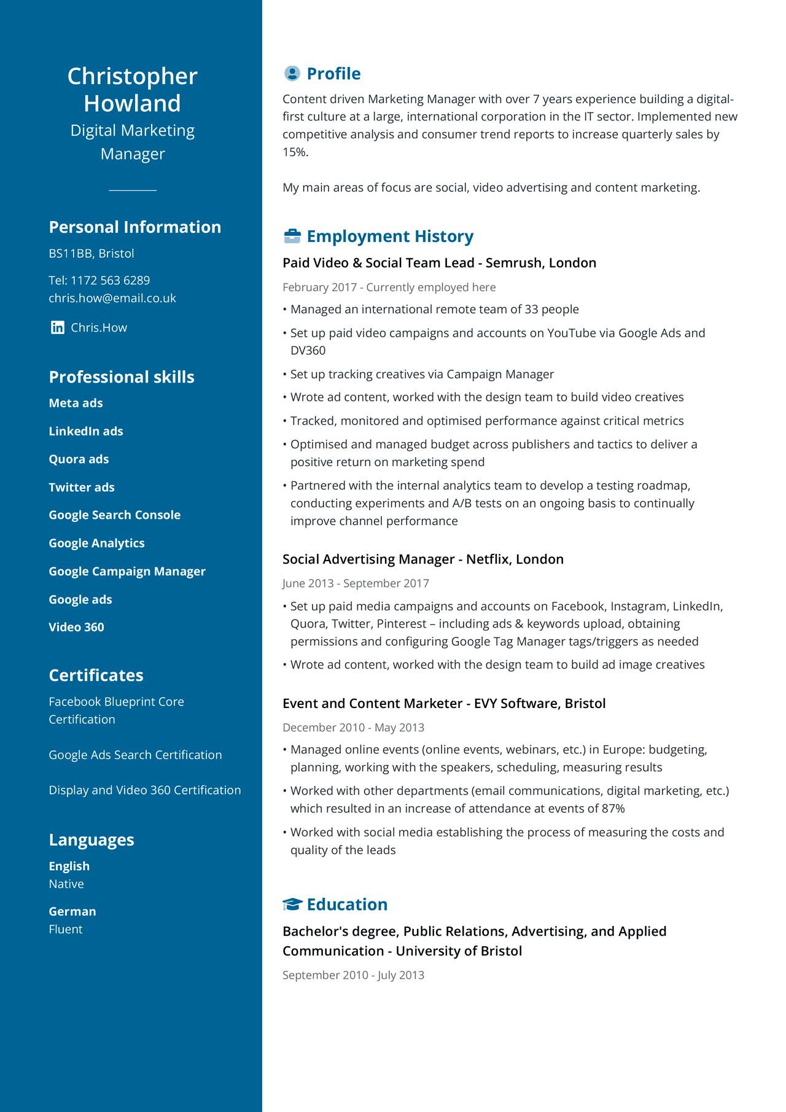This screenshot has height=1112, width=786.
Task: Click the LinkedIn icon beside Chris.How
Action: (57, 327)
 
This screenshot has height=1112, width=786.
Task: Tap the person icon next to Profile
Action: (292, 74)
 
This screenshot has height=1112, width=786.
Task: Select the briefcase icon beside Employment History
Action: (292, 236)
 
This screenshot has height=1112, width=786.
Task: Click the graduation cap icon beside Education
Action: (292, 904)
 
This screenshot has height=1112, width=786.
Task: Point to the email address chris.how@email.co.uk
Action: (112, 298)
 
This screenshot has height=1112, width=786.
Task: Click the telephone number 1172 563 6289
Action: (110, 281)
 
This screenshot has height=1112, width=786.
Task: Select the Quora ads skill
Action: (79, 459)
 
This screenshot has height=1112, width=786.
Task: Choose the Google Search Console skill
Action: (114, 515)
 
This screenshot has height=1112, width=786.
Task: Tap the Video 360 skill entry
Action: (76, 627)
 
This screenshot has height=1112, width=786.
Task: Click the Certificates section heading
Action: (96, 675)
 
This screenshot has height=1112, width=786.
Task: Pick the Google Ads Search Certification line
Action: (135, 755)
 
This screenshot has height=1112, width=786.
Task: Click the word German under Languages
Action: (72, 911)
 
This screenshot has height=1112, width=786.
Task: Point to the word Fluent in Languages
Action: (66, 930)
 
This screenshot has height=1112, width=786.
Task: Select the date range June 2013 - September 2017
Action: (356, 583)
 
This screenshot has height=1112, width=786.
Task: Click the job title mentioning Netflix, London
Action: (422, 559)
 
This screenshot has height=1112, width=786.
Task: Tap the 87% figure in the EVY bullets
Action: (613, 809)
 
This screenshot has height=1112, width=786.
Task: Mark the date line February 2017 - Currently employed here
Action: (389, 287)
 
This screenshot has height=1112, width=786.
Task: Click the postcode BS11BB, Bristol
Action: (91, 254)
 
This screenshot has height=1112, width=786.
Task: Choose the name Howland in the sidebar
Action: (132, 103)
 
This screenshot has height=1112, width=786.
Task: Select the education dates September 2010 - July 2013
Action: (353, 975)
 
